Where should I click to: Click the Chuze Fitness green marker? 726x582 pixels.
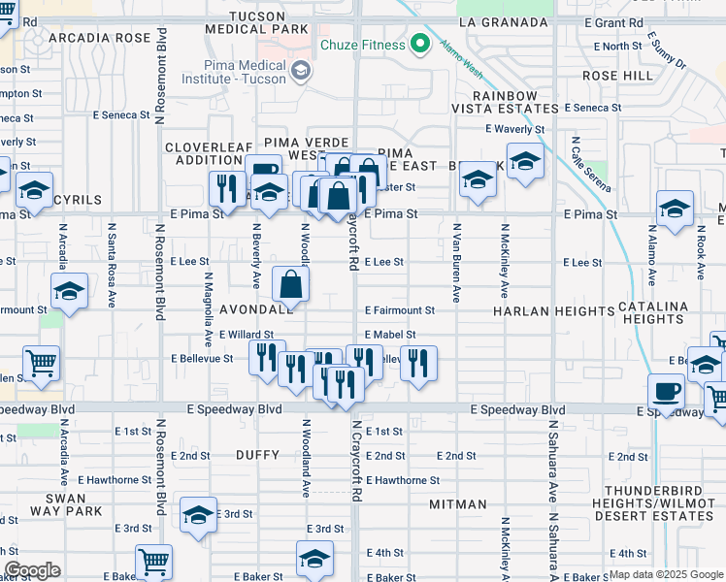click(420, 44)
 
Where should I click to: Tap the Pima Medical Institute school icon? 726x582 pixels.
click(301, 69)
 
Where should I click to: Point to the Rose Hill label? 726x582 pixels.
click(618, 75)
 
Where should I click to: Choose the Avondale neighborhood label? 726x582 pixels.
click(256, 310)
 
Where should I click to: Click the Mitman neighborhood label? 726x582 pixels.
click(457, 504)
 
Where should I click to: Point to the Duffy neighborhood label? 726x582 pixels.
click(257, 455)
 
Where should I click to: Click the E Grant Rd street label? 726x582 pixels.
click(614, 21)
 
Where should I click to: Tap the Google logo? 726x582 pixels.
click(32, 570)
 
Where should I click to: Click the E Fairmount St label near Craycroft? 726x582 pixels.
click(400, 310)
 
